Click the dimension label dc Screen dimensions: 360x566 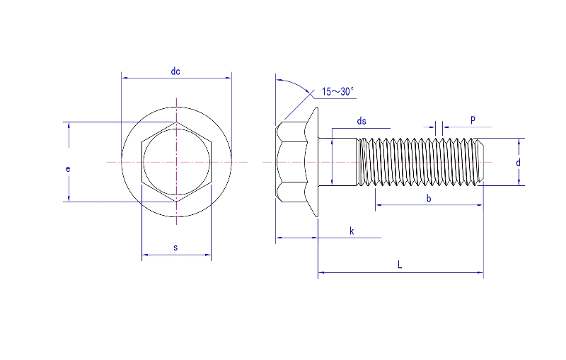pos(175,71)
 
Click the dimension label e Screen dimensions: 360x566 pos(67,169)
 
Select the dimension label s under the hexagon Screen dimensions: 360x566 pos(175,248)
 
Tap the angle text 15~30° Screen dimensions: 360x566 pos(337,91)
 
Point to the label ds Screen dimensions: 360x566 pos(362,121)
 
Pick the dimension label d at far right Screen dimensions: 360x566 pos(518,163)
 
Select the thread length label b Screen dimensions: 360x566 pos(429,199)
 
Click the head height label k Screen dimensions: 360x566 pos(352,231)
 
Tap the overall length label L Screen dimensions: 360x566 pos(400,265)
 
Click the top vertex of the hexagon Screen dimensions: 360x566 pos(176,122)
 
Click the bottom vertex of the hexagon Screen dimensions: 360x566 pos(176,202)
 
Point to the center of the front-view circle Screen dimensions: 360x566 pos(176,162)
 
